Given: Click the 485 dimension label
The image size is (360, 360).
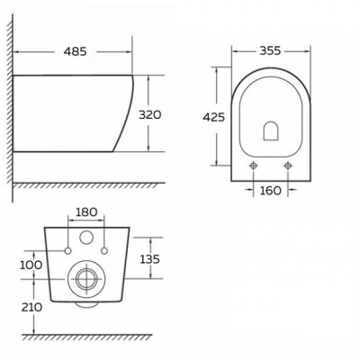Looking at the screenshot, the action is tap(75, 51).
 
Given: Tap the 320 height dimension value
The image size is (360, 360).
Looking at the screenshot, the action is tap(150, 114).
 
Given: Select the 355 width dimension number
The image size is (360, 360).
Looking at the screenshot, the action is tap(270, 50).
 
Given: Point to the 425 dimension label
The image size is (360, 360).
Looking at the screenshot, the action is tap(214, 117).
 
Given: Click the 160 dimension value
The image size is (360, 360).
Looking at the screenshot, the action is tap(270, 190).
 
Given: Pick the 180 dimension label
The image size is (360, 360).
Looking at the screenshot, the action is tap(86, 212).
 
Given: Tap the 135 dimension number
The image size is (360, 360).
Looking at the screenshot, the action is tap(149, 259).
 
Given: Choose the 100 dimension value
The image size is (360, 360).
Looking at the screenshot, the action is tap(31, 265).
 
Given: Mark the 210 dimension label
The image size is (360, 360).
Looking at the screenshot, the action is tap(31, 307).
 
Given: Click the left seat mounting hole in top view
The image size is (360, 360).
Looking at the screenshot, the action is tap(254, 166).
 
